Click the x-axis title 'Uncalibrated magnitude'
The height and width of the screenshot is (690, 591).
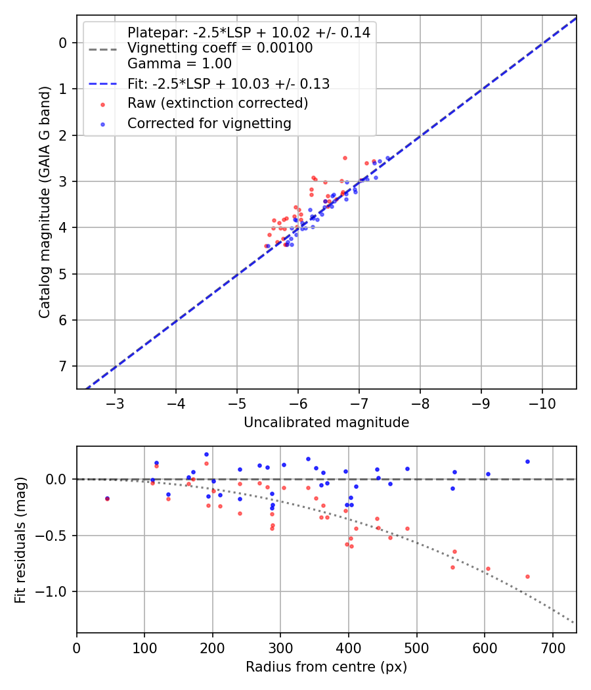(326, 423)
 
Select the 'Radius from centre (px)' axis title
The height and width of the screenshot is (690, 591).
(326, 667)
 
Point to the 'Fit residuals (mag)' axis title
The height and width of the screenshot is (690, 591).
(21, 540)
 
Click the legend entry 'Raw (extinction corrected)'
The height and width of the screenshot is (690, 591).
(217, 103)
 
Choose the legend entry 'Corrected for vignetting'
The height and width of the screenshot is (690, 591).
(209, 124)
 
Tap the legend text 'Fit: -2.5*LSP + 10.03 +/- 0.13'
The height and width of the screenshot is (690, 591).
(229, 83)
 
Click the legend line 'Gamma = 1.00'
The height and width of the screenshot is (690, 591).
(179, 64)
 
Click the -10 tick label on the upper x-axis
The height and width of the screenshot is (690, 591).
(542, 401)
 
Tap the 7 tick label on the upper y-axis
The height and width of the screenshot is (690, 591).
(64, 366)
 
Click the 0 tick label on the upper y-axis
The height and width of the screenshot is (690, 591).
(64, 43)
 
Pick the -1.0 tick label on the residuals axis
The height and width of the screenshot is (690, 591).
(55, 591)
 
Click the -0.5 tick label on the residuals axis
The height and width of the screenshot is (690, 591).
(55, 536)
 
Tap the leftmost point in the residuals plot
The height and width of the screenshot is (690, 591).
(107, 499)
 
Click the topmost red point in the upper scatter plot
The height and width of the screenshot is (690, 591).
(345, 158)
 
